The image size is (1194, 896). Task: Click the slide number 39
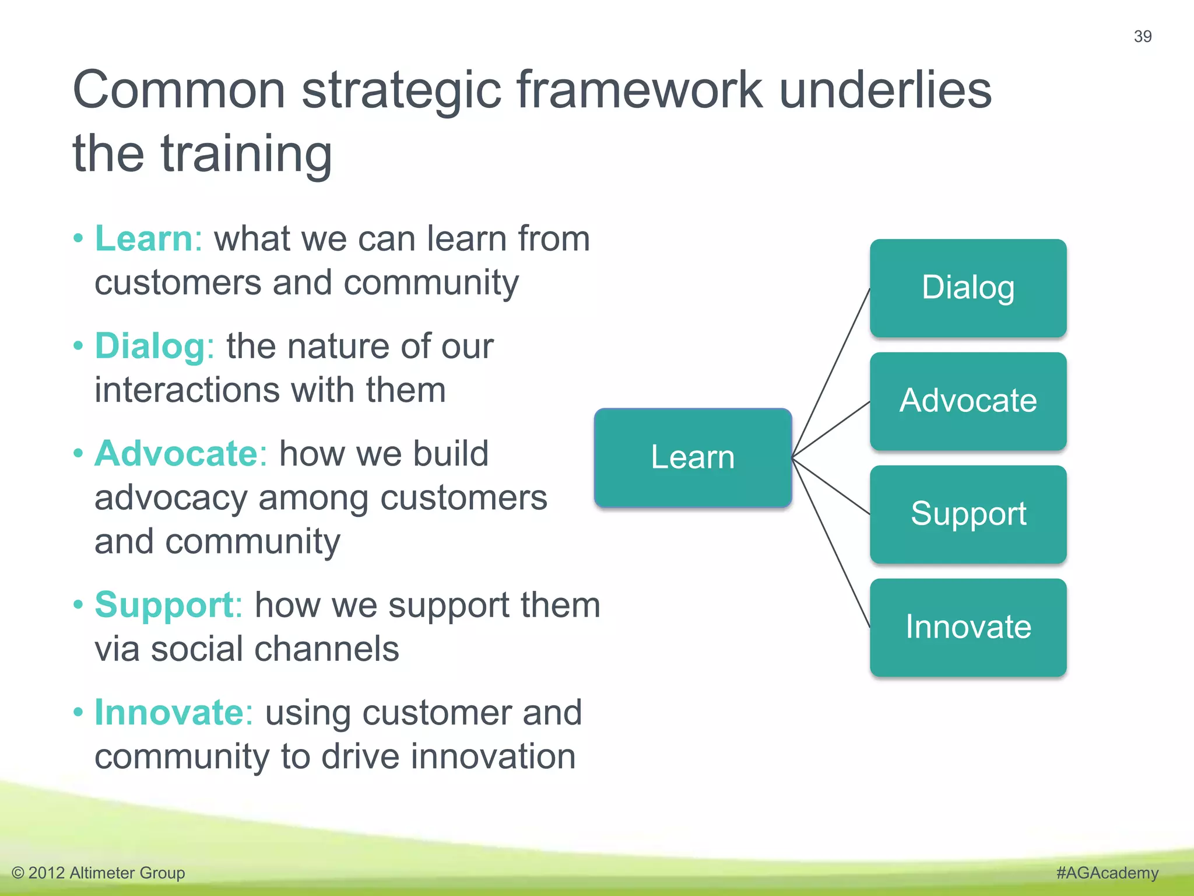pyautogui.click(x=1142, y=36)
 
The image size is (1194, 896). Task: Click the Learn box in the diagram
pyautogui.click(x=693, y=457)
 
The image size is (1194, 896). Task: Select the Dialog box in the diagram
pyautogui.click(x=968, y=288)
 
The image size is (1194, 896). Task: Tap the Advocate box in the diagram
pyautogui.click(x=968, y=401)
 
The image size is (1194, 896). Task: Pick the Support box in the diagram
pyautogui.click(x=968, y=514)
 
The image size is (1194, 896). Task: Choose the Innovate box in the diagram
pyautogui.click(x=968, y=627)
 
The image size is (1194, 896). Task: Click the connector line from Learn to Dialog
pyautogui.click(x=831, y=373)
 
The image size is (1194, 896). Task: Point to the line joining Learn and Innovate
pyautogui.click(x=831, y=543)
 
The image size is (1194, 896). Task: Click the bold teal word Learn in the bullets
pyautogui.click(x=143, y=239)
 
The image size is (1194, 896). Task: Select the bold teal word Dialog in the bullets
pyautogui.click(x=150, y=346)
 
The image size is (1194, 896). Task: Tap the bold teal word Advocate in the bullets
pyautogui.click(x=175, y=454)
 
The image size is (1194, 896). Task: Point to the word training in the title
pyautogui.click(x=246, y=154)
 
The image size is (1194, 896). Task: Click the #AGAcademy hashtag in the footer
pyautogui.click(x=1107, y=873)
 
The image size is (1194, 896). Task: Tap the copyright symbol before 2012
pyautogui.click(x=18, y=873)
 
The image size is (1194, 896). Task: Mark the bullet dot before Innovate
pyautogui.click(x=78, y=712)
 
